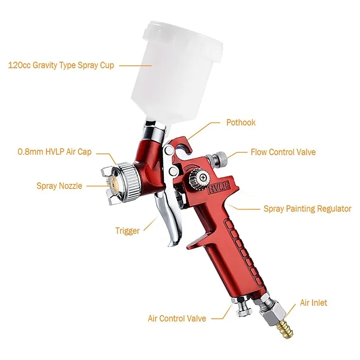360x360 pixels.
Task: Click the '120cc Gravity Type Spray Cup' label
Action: click(x=61, y=65)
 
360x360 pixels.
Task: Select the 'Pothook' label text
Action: click(x=241, y=122)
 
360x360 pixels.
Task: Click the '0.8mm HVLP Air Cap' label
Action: click(x=54, y=152)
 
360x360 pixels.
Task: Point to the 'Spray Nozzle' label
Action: click(x=59, y=185)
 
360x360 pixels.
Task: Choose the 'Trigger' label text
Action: click(x=127, y=231)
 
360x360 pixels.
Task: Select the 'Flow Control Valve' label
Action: click(x=283, y=152)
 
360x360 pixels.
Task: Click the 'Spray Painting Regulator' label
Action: click(x=307, y=209)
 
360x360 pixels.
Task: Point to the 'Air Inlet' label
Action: click(x=314, y=303)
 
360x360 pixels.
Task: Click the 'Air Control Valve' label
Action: click(x=177, y=318)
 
